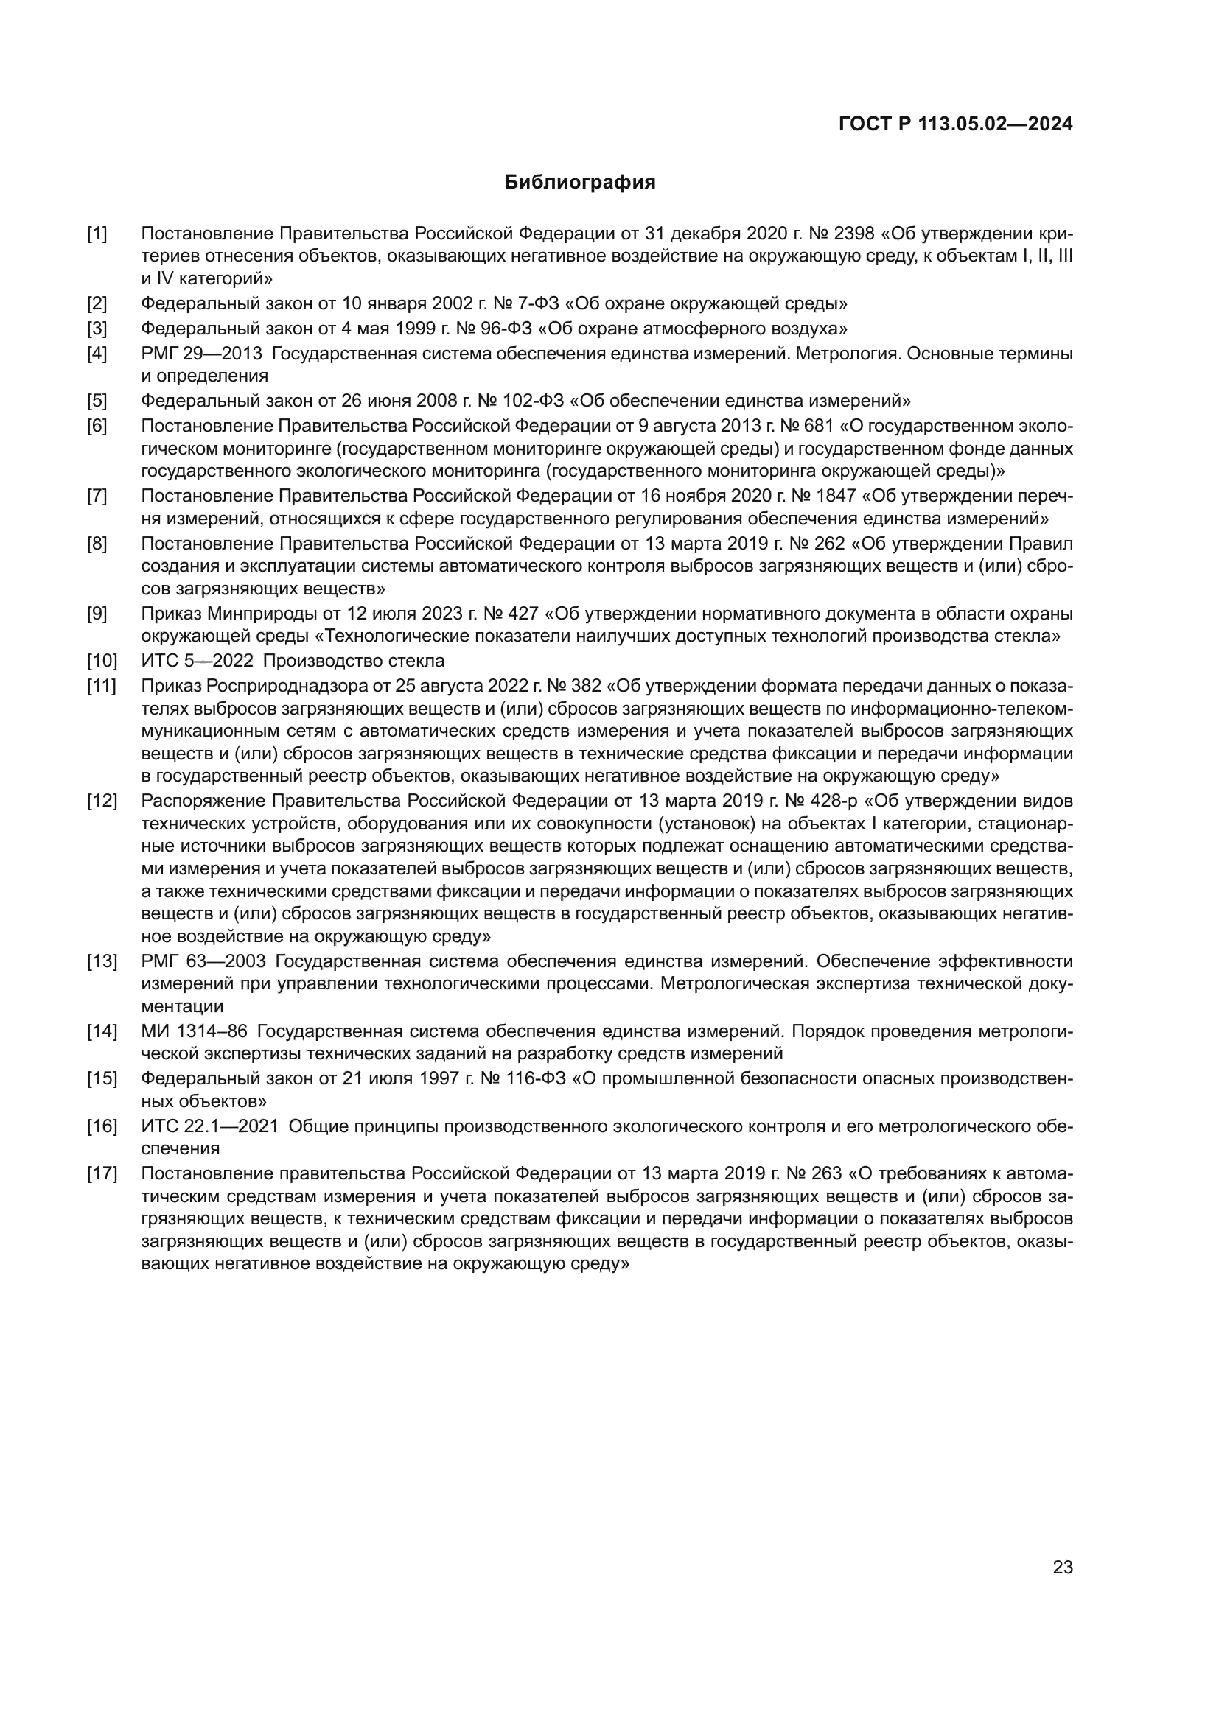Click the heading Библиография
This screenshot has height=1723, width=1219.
coord(579,183)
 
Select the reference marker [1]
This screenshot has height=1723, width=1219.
coord(97,234)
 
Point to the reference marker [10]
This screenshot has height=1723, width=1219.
coord(101,661)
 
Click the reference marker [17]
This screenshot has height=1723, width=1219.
coord(101,1173)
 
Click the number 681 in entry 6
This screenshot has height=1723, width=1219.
coord(818,426)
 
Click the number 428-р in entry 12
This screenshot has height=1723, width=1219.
coord(834,801)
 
